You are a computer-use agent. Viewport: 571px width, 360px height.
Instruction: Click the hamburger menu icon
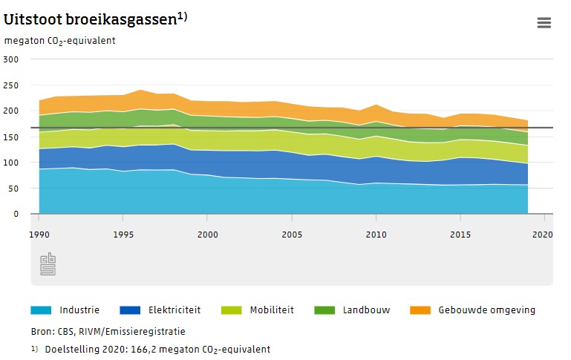(544, 23)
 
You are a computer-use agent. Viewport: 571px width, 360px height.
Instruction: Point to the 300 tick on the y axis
(11, 59)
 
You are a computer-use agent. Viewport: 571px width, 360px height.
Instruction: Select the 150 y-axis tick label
(11, 137)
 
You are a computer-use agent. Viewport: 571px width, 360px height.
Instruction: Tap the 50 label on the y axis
(13, 188)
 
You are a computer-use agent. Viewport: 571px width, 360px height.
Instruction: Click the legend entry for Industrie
(79, 310)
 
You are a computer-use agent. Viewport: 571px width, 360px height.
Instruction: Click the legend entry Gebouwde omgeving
(486, 310)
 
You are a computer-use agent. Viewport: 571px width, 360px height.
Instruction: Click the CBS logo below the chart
(48, 264)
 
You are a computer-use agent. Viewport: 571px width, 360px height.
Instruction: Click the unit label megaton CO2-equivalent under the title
(59, 40)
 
